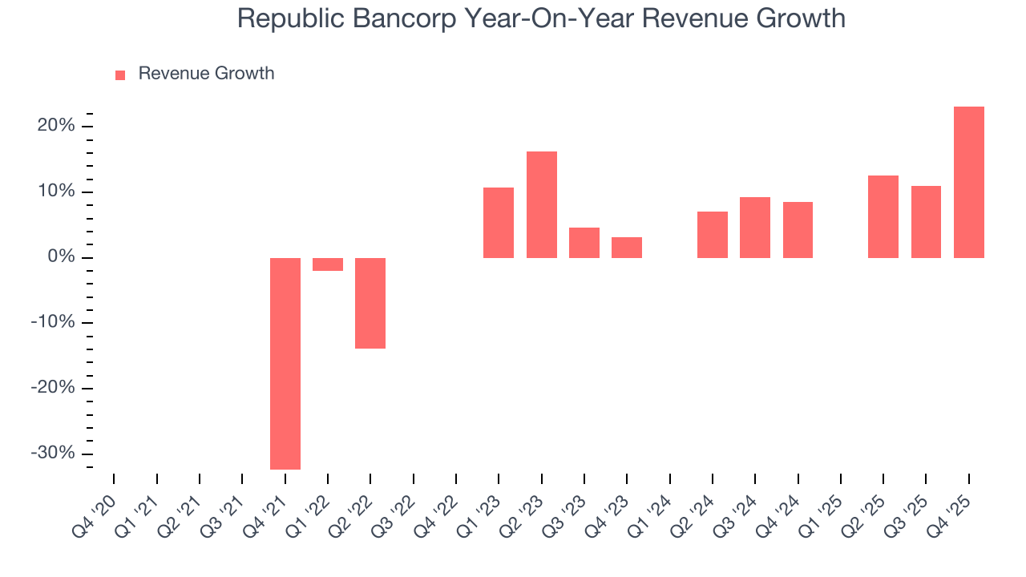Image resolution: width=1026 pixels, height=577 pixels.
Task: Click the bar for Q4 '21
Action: pos(285,363)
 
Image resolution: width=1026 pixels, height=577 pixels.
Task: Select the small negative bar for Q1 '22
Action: pos(328,264)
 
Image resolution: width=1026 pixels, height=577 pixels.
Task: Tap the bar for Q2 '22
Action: pos(370,303)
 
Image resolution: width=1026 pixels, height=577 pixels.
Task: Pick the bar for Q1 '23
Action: pos(499,223)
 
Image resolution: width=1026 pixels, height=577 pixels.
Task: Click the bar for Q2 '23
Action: pos(542,204)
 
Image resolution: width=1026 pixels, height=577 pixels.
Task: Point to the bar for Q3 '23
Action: pos(584,243)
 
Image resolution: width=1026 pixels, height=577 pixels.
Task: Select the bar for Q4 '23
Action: pos(627,248)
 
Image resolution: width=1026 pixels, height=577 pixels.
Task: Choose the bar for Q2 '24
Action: pos(713,235)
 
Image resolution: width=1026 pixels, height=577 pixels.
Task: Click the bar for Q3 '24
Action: pos(755,228)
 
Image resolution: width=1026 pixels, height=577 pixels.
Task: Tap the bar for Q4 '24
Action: pos(798,230)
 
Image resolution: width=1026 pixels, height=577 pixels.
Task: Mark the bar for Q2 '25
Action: pos(883,216)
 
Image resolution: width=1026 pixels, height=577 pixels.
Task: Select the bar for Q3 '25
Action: pos(926,222)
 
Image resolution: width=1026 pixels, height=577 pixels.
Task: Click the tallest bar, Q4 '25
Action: pos(969,182)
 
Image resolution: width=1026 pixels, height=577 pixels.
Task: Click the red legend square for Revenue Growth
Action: pos(120,75)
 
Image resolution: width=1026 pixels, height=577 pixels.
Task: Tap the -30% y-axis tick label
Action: pos(53,453)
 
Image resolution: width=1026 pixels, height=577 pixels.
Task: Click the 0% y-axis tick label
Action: pos(63,257)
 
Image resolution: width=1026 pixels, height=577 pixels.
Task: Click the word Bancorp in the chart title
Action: pos(416,18)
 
